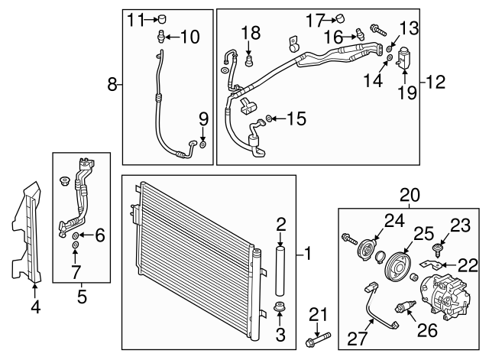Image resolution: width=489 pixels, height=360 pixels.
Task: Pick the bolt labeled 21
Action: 319,337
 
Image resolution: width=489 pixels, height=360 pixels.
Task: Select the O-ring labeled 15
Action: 270,118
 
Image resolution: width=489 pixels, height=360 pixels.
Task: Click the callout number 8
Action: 112,85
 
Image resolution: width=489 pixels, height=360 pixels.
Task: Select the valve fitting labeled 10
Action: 161,36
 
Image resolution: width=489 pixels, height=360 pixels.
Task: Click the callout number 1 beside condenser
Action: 309,251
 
